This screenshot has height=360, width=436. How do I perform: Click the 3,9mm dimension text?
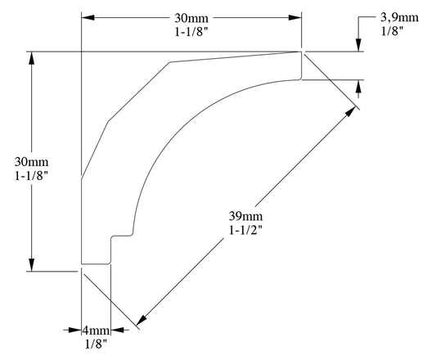[401, 16]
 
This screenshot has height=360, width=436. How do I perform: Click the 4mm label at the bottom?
[96, 331]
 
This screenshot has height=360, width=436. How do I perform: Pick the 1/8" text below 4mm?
[96, 344]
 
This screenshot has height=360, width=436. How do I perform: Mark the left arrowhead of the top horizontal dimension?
[88, 17]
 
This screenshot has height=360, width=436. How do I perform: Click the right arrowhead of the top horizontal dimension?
[295, 17]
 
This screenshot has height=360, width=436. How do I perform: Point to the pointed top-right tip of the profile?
[301, 52]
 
